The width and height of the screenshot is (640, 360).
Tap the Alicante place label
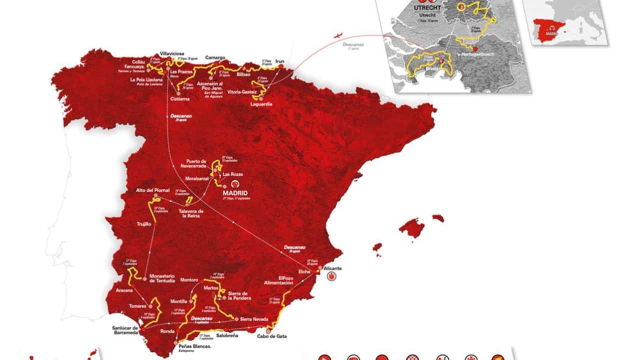tap(332, 268)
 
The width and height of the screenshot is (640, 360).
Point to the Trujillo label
tap(144, 224)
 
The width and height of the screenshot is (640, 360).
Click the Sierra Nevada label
tap(254, 319)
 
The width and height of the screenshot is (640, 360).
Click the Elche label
tap(305, 271)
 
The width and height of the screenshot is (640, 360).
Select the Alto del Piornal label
tap(152, 190)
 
